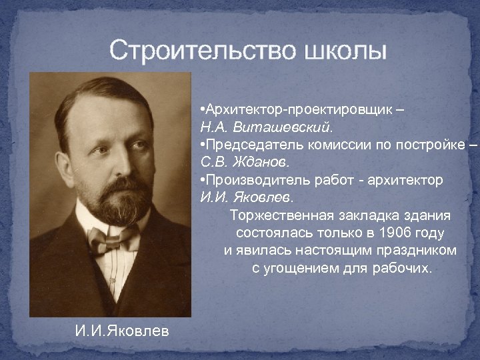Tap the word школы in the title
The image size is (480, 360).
click(345, 51)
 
